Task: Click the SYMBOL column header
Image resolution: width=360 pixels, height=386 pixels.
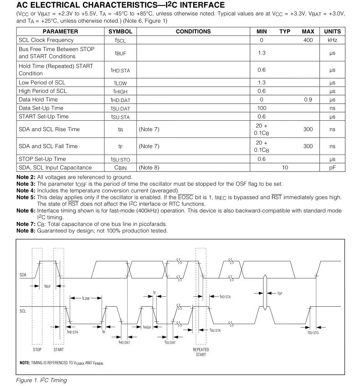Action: pyautogui.click(x=121, y=31)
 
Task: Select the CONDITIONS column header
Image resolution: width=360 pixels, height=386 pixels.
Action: pyautogui.click(x=193, y=31)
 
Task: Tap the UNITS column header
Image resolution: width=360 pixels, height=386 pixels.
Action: pyautogui.click(x=332, y=31)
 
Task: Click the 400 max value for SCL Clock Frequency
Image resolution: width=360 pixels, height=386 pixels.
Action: pyautogui.click(x=308, y=40)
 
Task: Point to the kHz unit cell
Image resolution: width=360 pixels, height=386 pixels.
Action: pyautogui.click(x=332, y=40)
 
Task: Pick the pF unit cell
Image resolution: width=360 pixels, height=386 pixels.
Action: pyautogui.click(x=332, y=168)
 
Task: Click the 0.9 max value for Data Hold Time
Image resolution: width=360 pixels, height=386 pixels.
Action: pyautogui.click(x=308, y=99)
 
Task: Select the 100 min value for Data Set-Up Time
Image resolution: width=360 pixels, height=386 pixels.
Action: pyautogui.click(x=262, y=108)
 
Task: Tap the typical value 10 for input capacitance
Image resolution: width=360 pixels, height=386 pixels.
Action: pyautogui.click(x=285, y=168)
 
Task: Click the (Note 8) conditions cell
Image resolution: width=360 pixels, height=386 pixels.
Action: pyautogui.click(x=149, y=168)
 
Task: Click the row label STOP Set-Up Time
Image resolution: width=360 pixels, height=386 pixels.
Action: pyautogui.click(x=42, y=159)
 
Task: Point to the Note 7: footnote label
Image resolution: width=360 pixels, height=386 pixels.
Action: pyautogui.click(x=26, y=224)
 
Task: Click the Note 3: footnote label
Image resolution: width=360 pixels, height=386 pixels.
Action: pyautogui.click(x=26, y=184)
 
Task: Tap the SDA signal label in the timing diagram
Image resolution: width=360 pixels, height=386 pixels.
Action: pyautogui.click(x=23, y=275)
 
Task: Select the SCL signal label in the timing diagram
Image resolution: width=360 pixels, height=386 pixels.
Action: pyautogui.click(x=23, y=310)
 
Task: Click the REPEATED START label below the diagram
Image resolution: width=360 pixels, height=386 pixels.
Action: pyautogui.click(x=201, y=352)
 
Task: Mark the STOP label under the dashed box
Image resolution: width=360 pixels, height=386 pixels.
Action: pyautogui.click(x=37, y=350)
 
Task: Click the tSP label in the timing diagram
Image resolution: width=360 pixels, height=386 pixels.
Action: pyautogui.click(x=280, y=293)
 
